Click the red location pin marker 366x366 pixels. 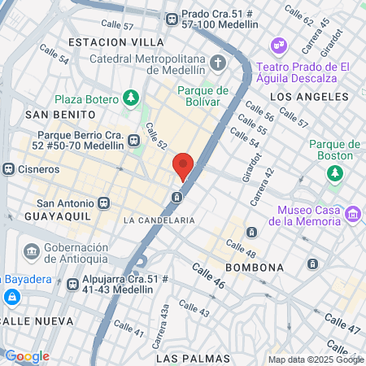184,167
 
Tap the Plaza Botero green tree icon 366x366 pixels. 131,98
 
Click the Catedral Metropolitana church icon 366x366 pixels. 218,62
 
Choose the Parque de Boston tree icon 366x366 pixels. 334,172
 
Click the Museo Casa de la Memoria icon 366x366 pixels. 353,214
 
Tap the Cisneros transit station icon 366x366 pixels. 9,169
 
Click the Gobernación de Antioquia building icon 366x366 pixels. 32,249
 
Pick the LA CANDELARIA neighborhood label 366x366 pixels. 159,220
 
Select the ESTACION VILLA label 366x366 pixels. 116,41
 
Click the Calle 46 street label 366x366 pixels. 208,275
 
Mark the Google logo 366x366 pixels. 27,356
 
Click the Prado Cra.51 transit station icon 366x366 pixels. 172,19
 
